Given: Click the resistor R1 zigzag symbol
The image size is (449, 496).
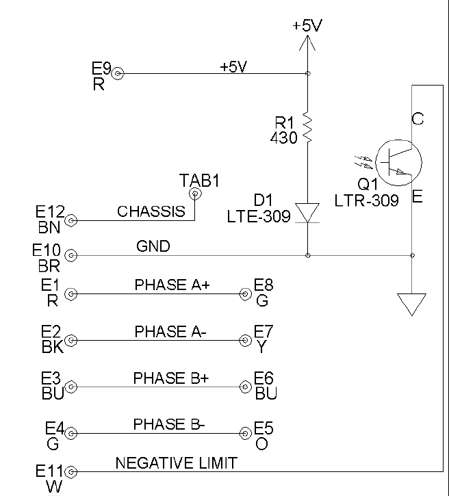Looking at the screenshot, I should [307, 129].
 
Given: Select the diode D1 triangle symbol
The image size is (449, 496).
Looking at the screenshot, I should [307, 213].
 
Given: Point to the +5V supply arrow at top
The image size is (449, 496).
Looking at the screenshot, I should [307, 44].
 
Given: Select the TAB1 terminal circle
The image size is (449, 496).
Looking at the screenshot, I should [195, 194].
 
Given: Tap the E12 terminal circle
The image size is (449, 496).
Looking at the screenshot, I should [70, 220].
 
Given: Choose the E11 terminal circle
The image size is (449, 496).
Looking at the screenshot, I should [70, 471].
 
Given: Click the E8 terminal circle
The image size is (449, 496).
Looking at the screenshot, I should [245, 295].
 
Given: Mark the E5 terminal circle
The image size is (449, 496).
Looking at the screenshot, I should [245, 433].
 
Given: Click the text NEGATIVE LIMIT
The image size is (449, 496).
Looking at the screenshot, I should [177, 463].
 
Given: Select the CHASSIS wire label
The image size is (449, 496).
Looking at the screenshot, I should [151, 211].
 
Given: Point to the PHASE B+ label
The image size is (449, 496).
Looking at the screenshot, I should [170, 378].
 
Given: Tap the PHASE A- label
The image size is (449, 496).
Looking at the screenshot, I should [170, 332].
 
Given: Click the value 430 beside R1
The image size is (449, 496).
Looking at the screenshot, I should [285, 138].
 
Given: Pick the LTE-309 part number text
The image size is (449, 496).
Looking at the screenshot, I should [259, 216].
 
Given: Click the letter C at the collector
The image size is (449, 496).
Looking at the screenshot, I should [418, 119].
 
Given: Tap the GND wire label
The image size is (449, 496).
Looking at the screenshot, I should [153, 246].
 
